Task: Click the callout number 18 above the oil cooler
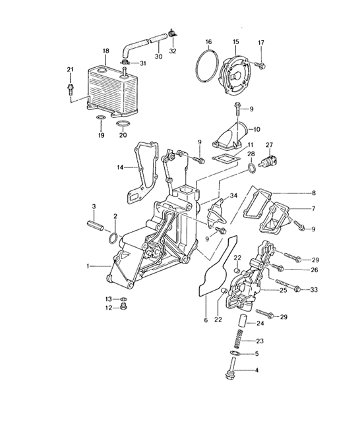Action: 106,51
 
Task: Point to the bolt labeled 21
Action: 71,90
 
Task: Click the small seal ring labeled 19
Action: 101,118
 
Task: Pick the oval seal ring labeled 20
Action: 123,123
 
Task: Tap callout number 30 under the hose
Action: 158,56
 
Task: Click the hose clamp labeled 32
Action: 172,33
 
